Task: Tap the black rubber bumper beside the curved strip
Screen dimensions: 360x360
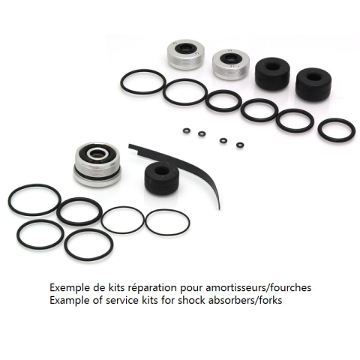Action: [x=161, y=178]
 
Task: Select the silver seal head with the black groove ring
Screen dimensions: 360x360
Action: [x=97, y=164]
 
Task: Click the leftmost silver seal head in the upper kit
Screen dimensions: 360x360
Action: [x=185, y=54]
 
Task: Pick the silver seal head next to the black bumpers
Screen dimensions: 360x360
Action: [x=231, y=64]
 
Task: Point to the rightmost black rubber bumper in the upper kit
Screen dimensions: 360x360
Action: [x=313, y=84]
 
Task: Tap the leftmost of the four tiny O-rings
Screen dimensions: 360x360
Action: [x=187, y=130]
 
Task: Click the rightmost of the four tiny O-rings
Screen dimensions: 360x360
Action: [x=240, y=145]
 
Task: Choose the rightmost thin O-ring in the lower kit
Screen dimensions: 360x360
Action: [x=145, y=223]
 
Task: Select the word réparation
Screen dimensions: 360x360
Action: [x=152, y=288]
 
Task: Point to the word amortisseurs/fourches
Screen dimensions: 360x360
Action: [x=259, y=287]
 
